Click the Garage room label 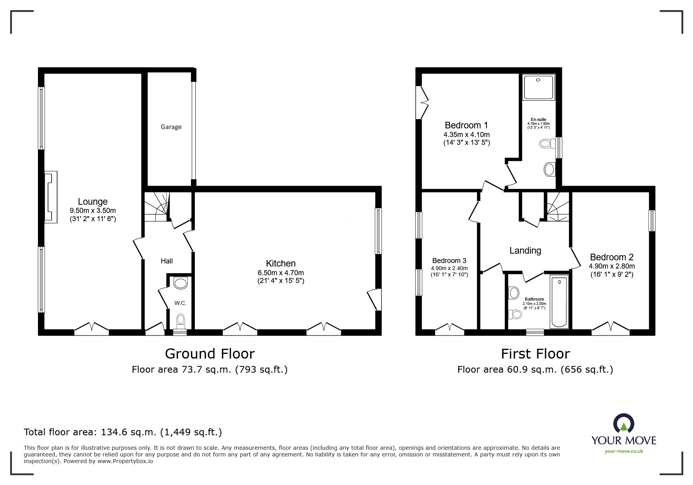(x=171, y=127)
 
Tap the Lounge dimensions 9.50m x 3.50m (x=93, y=211)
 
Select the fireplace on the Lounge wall (x=50, y=197)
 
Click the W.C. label (x=180, y=303)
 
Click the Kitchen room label (x=281, y=263)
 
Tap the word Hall (x=167, y=261)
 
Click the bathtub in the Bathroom (x=559, y=301)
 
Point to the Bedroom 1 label (x=466, y=125)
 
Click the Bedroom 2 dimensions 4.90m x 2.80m (x=612, y=266)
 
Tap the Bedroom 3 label (x=449, y=261)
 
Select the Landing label (x=525, y=251)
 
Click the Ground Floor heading (x=210, y=354)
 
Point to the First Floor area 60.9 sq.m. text (x=535, y=370)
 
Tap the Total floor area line (x=123, y=432)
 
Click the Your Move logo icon (x=624, y=424)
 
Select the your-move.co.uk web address (x=624, y=451)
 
